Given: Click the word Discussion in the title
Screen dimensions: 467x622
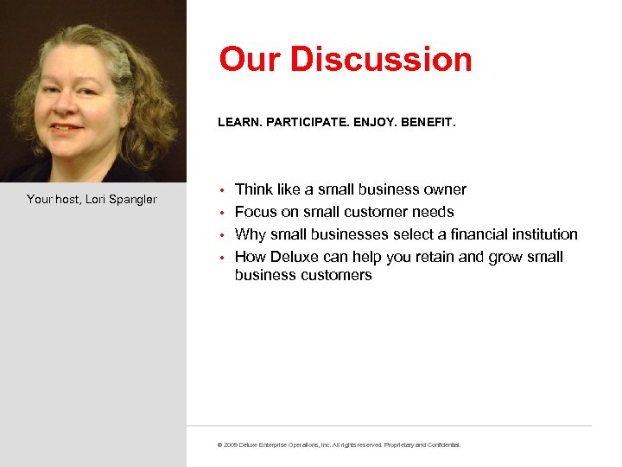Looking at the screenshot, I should pyautogui.click(x=382, y=60).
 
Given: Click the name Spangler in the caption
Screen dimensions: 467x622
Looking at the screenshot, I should pyautogui.click(x=133, y=200).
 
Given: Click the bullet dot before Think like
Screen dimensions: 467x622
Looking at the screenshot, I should pyautogui.click(x=222, y=190).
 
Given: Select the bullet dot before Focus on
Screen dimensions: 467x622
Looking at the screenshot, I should pyautogui.click(x=222, y=213).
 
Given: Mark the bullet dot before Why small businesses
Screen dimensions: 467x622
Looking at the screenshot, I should pyautogui.click(x=222, y=235).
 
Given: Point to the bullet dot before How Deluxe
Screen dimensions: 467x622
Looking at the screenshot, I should pyautogui.click(x=222, y=258).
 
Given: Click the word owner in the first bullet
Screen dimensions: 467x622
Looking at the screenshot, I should pyautogui.click(x=446, y=189).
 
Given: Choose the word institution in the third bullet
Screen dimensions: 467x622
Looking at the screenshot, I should pyautogui.click(x=545, y=234).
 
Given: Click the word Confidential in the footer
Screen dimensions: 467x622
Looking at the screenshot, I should pyautogui.click(x=442, y=445).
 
